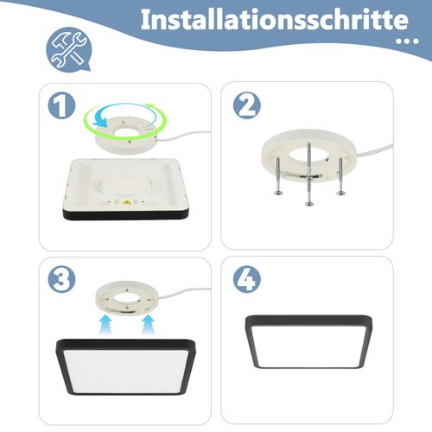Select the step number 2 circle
247,106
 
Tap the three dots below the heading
403,40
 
